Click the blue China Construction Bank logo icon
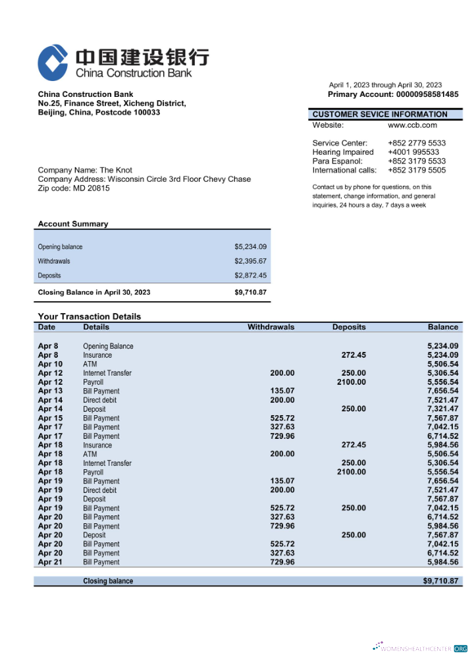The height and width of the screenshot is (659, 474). pos(53,63)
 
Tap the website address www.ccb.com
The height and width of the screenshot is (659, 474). pos(412,125)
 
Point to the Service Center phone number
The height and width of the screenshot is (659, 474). pos(416,143)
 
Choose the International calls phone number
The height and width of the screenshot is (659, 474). pos(416,170)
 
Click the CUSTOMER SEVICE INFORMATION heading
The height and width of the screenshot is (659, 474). pos(379,114)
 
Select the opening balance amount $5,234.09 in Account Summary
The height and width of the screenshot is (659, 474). pos(250,246)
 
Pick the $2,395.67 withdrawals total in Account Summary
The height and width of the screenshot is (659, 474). pos(250,261)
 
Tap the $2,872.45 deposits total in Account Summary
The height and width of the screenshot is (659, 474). pos(250,275)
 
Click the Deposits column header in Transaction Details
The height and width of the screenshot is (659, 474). pos(348,327)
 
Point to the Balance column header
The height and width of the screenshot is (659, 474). pos(442,327)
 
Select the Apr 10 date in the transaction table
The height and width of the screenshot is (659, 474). pos(50,364)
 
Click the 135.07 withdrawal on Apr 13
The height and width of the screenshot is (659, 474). pos(282,391)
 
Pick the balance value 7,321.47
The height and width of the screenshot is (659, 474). pos(442,409)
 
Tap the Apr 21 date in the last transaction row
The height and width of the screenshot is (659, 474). pos(50,562)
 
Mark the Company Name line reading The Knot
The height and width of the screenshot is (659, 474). pos(85,170)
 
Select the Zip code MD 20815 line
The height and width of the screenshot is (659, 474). pos(74,188)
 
